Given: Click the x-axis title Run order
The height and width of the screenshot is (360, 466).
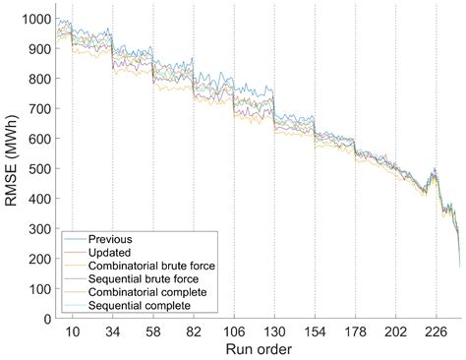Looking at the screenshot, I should [x=259, y=349].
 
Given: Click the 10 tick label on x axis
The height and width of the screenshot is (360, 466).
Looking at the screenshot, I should [x=72, y=331].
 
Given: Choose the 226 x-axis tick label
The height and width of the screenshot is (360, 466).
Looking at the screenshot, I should [x=436, y=331].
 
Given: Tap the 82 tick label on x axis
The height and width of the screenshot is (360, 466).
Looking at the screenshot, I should [x=192, y=331].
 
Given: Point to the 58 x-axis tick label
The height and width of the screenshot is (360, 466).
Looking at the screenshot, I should [x=154, y=331].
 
